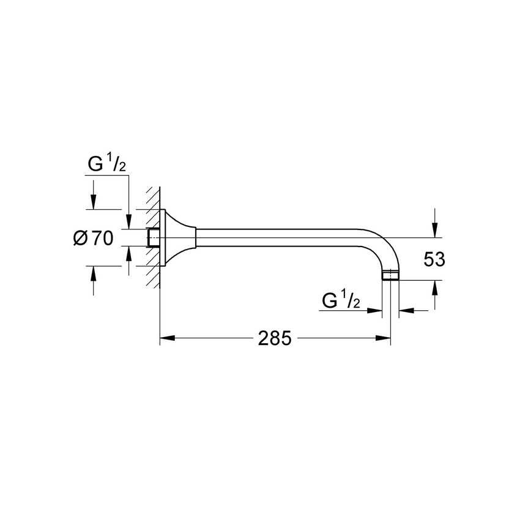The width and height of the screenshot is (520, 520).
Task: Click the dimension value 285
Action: coord(275,338)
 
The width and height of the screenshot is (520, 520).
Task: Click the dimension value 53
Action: coord(434,259)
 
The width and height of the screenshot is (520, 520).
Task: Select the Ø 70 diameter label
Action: coord(93,238)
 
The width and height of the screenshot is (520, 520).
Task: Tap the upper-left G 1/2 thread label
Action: coord(107,164)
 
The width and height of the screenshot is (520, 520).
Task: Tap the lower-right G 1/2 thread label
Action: coord(341,300)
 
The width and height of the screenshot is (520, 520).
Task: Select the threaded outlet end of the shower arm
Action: coord(391,275)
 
